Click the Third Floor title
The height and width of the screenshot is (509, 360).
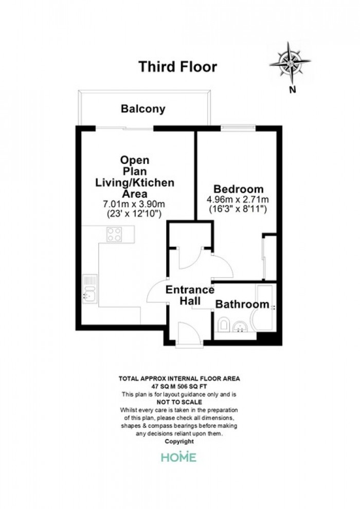pos(177,66)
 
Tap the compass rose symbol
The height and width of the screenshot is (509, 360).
pos(290,62)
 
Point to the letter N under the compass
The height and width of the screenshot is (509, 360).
pos(293,90)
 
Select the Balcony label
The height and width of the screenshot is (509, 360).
pos(143,109)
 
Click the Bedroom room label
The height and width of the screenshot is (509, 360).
pos(238,189)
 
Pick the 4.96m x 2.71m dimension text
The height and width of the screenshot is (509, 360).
pos(238,199)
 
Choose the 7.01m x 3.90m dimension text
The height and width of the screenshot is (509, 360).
pos(134,204)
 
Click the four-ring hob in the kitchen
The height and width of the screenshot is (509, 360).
pos(114,234)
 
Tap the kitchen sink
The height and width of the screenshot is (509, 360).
pos(89,289)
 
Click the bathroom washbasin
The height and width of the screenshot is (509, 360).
pos(240,326)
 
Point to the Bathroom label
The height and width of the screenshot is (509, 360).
pos(242,304)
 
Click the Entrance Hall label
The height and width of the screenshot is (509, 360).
pos(190,295)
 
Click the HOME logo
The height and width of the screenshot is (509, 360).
pos(179,457)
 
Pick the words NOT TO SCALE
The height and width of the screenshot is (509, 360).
pos(179,402)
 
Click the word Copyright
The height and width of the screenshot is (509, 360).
pos(179,442)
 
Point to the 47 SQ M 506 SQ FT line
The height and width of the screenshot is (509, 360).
pos(179,386)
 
